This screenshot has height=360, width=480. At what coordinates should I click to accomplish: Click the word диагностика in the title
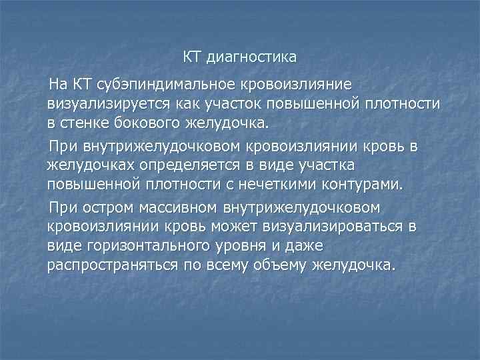[251, 58]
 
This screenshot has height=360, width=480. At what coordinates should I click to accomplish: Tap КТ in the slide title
[193, 58]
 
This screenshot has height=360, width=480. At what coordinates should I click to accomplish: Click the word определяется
[185, 164]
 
